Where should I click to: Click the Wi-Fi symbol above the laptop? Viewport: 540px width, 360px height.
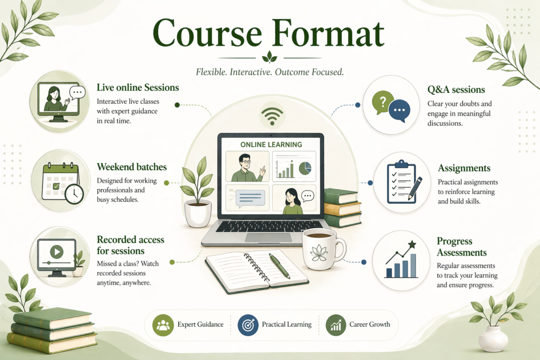click(272, 116)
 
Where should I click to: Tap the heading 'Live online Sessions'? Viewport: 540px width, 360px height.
click(138, 87)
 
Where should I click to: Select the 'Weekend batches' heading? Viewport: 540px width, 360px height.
click(131, 167)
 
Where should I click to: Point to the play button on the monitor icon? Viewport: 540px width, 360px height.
click(57, 251)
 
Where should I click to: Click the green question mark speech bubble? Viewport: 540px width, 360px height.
click(382, 103)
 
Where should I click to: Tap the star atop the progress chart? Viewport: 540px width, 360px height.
click(412, 245)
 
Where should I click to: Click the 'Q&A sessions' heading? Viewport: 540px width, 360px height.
click(456, 90)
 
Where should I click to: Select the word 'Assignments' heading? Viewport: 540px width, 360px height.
click(464, 168)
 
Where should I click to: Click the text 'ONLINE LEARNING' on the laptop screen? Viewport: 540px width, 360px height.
click(271, 144)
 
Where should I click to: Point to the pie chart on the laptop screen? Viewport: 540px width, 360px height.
click(305, 168)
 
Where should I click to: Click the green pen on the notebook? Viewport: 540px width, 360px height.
click(279, 266)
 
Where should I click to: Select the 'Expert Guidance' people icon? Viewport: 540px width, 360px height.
click(163, 325)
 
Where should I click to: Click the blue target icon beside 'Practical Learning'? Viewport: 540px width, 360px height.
click(248, 325)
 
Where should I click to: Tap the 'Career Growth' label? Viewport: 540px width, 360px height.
click(370, 324)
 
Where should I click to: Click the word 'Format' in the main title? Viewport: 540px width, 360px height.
click(329, 33)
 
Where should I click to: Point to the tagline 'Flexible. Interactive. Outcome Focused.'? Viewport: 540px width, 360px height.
click(269, 72)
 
